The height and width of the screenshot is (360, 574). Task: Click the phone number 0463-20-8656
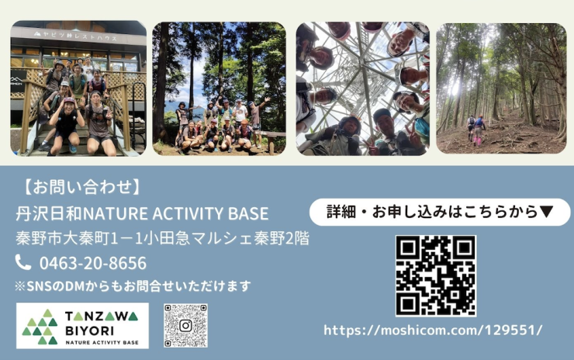coord(92,263)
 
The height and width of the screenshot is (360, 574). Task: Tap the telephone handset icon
coord(23,263)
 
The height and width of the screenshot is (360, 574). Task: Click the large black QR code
coord(435,276)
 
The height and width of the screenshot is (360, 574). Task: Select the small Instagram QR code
coord(185,325)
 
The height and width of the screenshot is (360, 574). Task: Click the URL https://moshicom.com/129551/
coord(433,330)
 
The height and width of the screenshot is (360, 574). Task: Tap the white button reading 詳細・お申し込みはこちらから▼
coord(439,212)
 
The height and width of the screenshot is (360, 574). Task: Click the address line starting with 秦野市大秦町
coord(162,238)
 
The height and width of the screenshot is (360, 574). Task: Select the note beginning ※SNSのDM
coord(133,286)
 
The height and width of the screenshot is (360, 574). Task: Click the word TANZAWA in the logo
coord(101,316)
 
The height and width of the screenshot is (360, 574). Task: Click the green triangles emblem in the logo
coord(40,327)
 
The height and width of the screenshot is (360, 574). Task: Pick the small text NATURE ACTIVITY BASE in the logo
coord(102,341)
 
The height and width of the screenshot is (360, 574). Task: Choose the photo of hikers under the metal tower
coord(362,88)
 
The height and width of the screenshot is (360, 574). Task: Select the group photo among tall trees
coord(218,88)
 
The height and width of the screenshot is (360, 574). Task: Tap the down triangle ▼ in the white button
coord(546,212)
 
